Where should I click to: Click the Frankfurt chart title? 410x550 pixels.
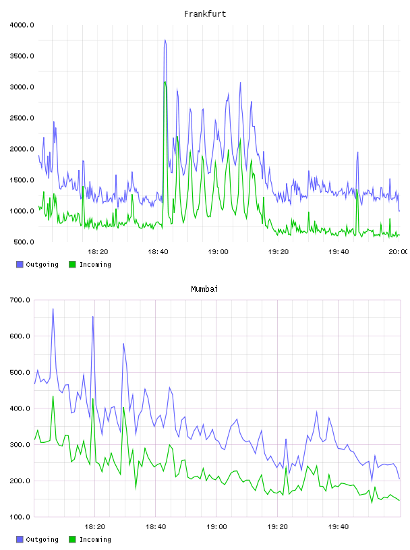pyautogui.click(x=205, y=14)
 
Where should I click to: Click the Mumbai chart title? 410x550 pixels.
pyautogui.click(x=204, y=289)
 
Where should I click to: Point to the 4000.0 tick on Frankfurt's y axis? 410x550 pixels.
pyautogui.click(x=22, y=25)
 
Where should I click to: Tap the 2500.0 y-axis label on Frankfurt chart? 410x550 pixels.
pyautogui.click(x=22, y=118)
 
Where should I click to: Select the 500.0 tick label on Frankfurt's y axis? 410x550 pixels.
pyautogui.click(x=24, y=242)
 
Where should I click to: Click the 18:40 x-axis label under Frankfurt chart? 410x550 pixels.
pyautogui.click(x=158, y=251)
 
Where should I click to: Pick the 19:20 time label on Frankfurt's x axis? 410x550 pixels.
pyautogui.click(x=279, y=251)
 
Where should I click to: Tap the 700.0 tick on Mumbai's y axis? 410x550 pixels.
pyautogui.click(x=20, y=300)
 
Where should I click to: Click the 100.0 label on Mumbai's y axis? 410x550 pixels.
pyautogui.click(x=20, y=517)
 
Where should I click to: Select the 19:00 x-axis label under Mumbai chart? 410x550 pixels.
pyautogui.click(x=216, y=526)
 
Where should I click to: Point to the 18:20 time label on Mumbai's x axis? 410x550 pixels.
pyautogui.click(x=95, y=526)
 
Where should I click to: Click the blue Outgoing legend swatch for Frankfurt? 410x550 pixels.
pyautogui.click(x=20, y=264)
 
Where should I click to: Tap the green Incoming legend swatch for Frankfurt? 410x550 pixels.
pyautogui.click(x=72, y=264)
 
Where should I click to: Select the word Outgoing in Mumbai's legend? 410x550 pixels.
pyautogui.click(x=42, y=539)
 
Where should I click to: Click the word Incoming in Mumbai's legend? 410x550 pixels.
pyautogui.click(x=95, y=539)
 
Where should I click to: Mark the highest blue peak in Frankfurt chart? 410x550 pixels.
pyautogui.click(x=165, y=40)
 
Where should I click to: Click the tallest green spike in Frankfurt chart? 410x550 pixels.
pyautogui.click(x=165, y=82)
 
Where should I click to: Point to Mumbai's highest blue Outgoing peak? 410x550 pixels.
pyautogui.click(x=53, y=309)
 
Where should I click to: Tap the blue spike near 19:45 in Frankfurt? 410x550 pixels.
pyautogui.click(x=357, y=152)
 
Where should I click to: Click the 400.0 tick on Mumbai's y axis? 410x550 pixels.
pyautogui.click(x=20, y=408)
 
